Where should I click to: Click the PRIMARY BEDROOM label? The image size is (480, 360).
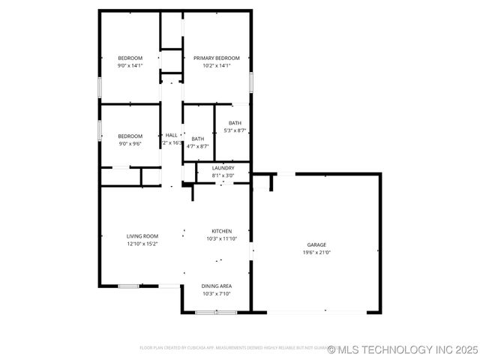(x=216, y=58)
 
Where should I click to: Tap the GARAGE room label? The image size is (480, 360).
(x=316, y=245)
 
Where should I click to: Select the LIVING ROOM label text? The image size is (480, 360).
(x=142, y=236)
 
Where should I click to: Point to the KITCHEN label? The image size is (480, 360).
(x=221, y=231)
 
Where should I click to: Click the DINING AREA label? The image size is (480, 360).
(x=217, y=286)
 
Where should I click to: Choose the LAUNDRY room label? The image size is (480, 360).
(x=223, y=168)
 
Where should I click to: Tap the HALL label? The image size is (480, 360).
(x=171, y=135)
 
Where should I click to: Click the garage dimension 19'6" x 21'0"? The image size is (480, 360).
(x=316, y=253)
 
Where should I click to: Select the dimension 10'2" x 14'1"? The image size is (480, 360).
(x=216, y=65)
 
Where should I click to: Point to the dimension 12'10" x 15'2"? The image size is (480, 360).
(x=142, y=244)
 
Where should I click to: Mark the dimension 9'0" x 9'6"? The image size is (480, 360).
(x=130, y=143)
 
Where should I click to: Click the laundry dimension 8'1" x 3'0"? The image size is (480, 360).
(x=223, y=175)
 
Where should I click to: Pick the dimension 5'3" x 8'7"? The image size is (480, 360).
(x=235, y=130)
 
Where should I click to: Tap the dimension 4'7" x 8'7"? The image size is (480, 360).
(x=197, y=146)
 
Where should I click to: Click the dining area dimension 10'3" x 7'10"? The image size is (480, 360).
(x=217, y=293)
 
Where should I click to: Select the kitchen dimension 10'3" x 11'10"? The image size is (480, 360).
(x=221, y=238)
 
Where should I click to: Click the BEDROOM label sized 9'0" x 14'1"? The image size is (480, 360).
(x=130, y=58)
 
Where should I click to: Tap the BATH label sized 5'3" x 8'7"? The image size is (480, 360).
(x=235, y=123)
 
